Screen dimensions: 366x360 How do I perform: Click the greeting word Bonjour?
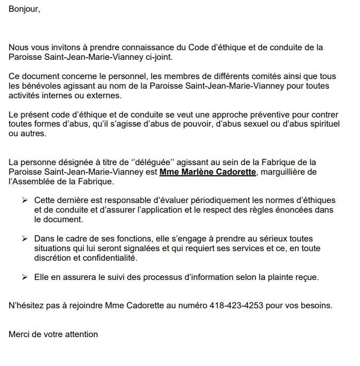pyautogui.click(x=24, y=10)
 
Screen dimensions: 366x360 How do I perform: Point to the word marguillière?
pyautogui.click(x=287, y=172)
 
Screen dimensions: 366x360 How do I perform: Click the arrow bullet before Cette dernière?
pyautogui.click(x=25, y=200)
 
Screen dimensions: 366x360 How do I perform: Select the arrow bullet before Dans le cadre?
pyautogui.click(x=25, y=239)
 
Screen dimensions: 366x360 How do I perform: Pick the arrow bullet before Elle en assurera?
pyautogui.click(x=25, y=277)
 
